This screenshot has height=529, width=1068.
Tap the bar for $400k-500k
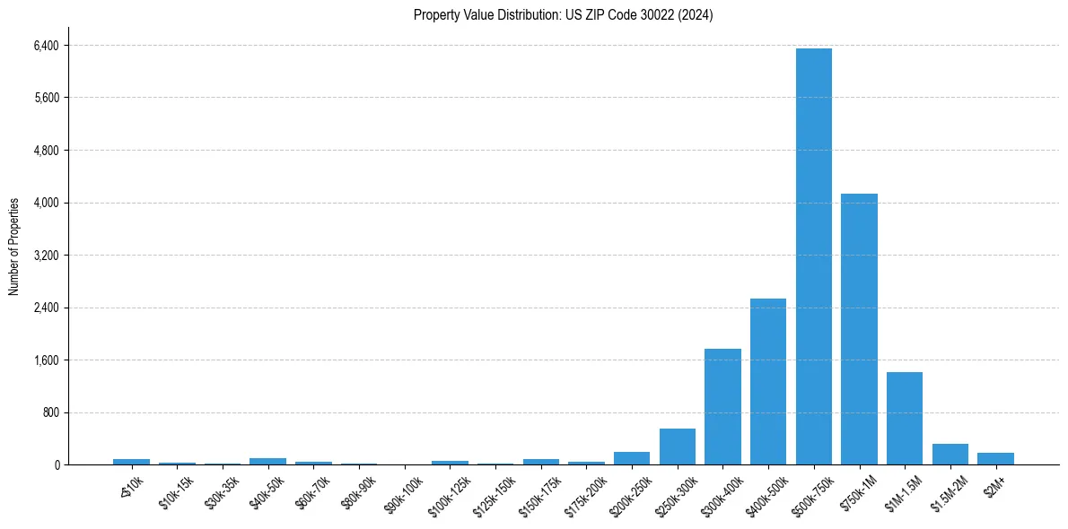[768, 382]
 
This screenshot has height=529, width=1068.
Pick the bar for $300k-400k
[722, 407]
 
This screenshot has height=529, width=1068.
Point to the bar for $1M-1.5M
[904, 419]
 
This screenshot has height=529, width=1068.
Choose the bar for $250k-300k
[677, 447]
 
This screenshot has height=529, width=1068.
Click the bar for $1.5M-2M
[950, 455]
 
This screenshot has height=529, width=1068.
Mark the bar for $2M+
[995, 459]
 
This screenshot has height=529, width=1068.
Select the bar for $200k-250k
[632, 458]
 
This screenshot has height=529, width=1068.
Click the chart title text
[563, 15]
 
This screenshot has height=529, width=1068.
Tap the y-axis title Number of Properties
[14, 247]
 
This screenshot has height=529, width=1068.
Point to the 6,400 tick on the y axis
[45, 45]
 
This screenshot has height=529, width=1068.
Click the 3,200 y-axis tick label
[45, 256]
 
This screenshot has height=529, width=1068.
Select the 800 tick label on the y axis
[50, 413]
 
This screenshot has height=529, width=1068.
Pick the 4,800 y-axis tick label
[45, 151]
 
